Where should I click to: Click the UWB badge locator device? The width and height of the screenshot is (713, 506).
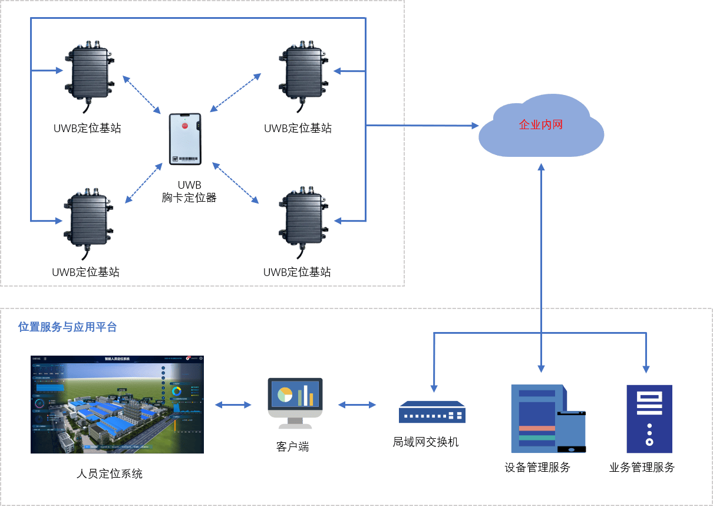tap(185, 139)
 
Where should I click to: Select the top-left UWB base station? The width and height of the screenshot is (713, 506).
tap(90, 71)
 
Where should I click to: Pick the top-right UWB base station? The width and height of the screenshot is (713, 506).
tap(302, 71)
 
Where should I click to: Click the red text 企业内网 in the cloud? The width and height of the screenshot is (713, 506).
tap(540, 125)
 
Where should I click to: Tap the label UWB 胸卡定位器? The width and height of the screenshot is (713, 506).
tap(189, 192)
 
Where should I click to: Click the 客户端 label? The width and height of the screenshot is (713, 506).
tap(292, 446)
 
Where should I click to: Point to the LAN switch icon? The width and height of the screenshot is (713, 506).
tap(432, 412)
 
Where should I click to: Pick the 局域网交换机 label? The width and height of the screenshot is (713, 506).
tap(425, 442)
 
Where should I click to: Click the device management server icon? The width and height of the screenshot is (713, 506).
tap(545, 419)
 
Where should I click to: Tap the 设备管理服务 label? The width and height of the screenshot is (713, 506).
tap(537, 468)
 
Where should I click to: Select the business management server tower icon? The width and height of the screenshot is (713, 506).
tap(649, 419)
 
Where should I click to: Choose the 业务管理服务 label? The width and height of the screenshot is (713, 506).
tap(642, 468)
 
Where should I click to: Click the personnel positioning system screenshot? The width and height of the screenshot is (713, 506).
tap(117, 405)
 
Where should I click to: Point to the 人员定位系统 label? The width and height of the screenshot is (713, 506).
tap(110, 473)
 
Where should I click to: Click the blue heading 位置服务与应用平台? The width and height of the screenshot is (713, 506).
tap(67, 327)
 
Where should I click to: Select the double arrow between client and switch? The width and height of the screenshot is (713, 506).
tap(357, 405)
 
